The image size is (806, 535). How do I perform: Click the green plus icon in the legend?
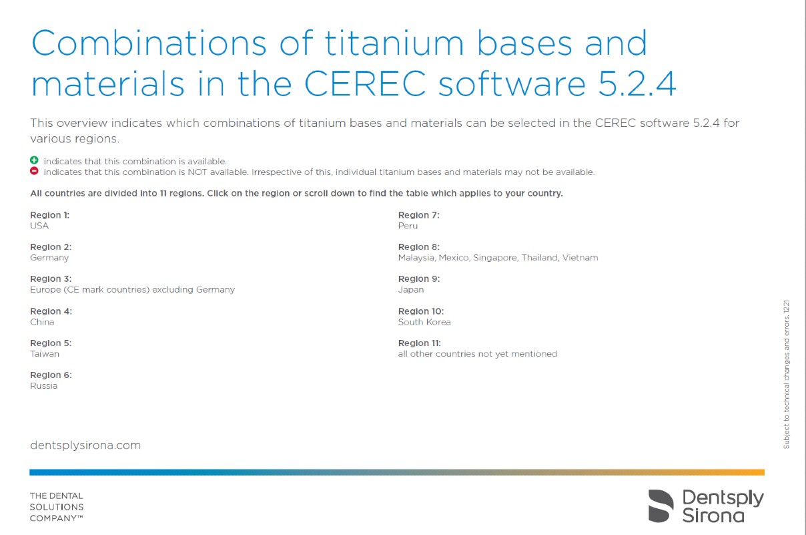(34, 160)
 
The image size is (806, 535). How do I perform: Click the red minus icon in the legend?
(34, 171)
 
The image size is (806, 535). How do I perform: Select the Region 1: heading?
(49, 215)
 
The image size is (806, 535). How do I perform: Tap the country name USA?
(39, 226)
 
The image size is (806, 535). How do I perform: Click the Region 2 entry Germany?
(49, 258)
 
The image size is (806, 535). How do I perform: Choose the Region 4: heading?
(51, 311)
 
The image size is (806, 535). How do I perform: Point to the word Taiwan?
(45, 354)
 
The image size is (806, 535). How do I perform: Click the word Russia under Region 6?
(43, 386)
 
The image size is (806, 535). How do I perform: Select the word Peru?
(408, 226)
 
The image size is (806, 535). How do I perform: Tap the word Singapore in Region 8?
(496, 258)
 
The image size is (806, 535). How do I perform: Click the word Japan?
(411, 290)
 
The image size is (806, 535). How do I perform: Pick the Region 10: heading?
(421, 311)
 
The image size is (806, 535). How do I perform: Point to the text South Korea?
(424, 322)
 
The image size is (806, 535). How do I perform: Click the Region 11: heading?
(420, 343)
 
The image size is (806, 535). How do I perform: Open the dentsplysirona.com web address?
(85, 445)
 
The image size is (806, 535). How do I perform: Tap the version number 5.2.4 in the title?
(637, 84)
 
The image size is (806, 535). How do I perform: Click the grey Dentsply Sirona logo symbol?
(661, 506)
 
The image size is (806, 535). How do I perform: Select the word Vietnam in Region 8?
(580, 258)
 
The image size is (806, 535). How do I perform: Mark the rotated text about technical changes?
(786, 375)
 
